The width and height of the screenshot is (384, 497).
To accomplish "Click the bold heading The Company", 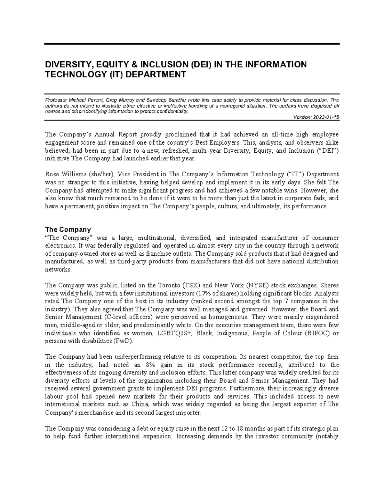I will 68,229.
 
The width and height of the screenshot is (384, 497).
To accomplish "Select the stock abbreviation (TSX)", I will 191,285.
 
